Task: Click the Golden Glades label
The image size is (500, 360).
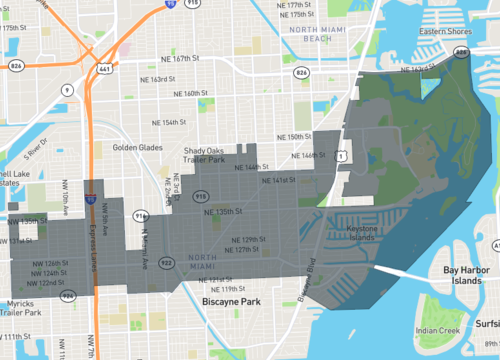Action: (138, 147)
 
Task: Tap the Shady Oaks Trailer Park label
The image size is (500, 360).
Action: (209, 155)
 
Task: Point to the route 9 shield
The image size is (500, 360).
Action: (67, 89)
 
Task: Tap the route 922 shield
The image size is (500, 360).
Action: (166, 262)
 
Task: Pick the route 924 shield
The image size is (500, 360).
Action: (68, 296)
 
